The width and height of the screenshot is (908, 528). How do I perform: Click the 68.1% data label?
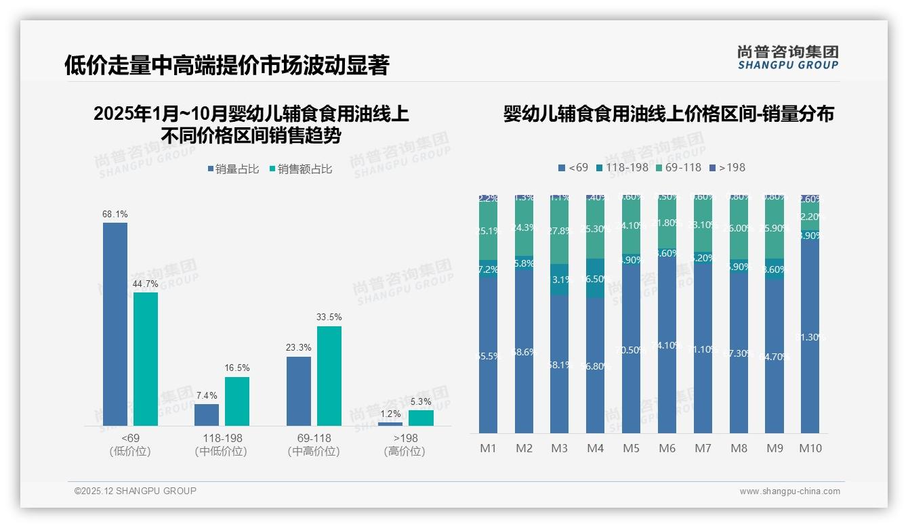click(115, 214)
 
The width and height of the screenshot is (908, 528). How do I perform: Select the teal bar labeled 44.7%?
click(146, 359)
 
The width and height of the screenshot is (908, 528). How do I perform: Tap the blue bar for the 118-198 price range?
click(207, 414)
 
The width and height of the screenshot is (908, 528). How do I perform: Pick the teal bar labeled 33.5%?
click(329, 376)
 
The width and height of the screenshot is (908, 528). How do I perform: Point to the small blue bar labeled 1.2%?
click(390, 424)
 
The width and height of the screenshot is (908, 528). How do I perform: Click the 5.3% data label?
click(421, 401)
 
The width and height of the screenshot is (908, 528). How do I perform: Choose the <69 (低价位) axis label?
click(130, 445)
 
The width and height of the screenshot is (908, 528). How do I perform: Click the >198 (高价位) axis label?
click(405, 445)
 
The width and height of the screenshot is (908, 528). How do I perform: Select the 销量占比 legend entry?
click(232, 169)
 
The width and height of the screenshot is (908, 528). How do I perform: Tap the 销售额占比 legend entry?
click(300, 169)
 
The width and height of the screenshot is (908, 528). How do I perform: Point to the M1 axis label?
click(489, 448)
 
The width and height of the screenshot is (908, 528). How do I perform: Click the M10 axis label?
click(810, 448)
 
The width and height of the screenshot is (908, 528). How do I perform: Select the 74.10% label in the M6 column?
click(667, 345)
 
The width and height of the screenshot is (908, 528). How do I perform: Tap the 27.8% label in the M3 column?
click(560, 231)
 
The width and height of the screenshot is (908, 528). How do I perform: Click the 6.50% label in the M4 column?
click(596, 278)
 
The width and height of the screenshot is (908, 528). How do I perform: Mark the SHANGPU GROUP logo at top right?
click(787, 58)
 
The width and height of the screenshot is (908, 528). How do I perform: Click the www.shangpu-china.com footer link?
click(789, 491)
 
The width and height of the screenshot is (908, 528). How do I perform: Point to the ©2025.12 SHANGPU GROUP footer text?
click(136, 491)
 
